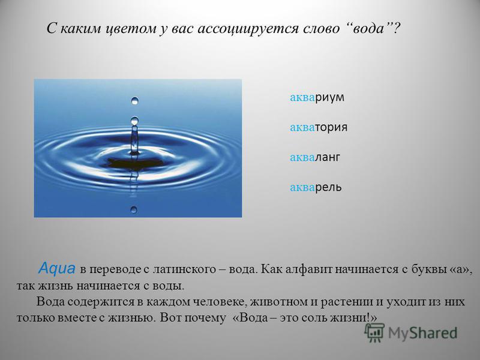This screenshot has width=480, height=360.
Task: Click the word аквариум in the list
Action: click(x=317, y=98)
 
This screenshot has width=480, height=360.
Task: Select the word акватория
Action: click(x=319, y=127)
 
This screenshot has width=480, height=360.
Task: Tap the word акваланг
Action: click(x=315, y=157)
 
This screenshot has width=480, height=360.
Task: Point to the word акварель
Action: click(x=316, y=187)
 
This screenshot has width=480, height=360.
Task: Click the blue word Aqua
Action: click(x=57, y=268)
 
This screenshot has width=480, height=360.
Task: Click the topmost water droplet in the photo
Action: click(x=134, y=101)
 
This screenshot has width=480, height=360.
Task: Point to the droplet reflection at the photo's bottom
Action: click(x=134, y=209)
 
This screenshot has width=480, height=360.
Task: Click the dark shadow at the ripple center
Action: click(x=134, y=162)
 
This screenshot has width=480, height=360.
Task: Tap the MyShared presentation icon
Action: click(x=374, y=332)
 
